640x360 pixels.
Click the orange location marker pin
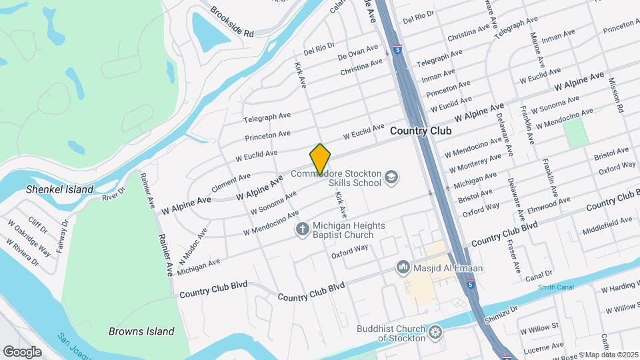[321, 159]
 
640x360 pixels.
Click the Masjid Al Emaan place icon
[403, 268]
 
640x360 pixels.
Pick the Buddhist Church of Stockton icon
[435, 331]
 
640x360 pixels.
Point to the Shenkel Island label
[59, 189]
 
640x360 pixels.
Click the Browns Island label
[141, 331]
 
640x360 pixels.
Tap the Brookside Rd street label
[232, 22]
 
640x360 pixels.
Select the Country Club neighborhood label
[421, 131]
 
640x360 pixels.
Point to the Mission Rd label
[615, 94]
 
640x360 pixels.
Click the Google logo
[22, 351]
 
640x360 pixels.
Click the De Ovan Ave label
[357, 51]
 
